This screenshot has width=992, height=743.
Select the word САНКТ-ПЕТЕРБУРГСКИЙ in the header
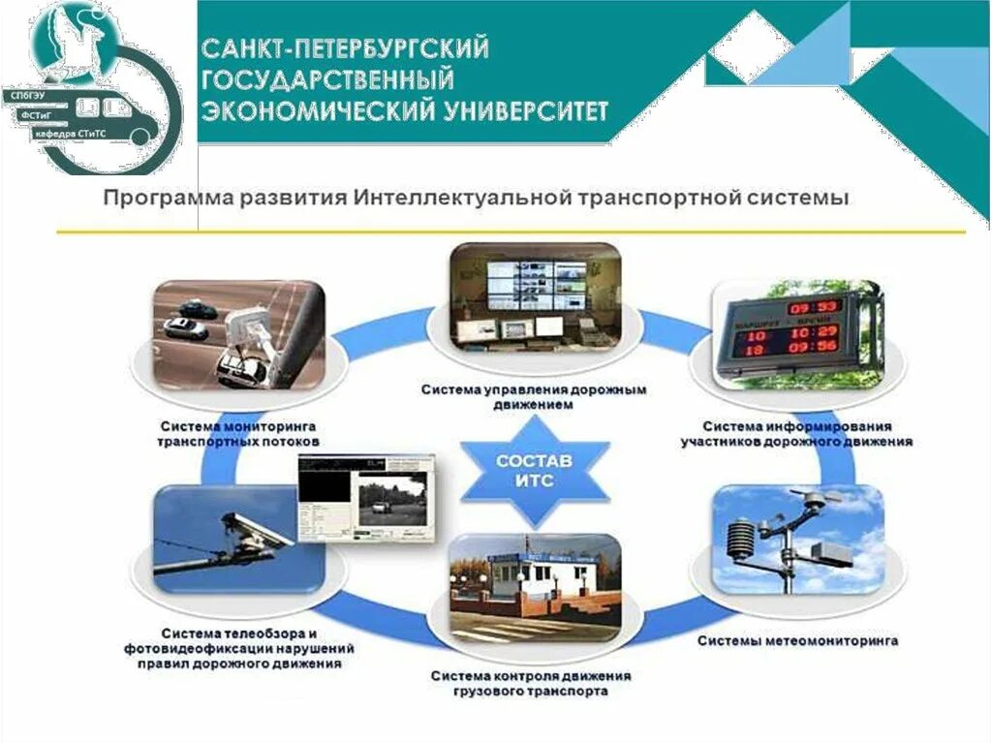tap(345, 46)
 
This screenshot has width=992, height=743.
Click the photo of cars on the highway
tap(237, 334)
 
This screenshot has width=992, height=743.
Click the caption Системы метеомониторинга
tap(797, 640)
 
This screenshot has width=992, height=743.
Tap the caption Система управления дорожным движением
tap(534, 397)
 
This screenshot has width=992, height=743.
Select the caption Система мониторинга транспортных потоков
tap(238, 433)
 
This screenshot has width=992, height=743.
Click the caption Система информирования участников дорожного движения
tap(797, 433)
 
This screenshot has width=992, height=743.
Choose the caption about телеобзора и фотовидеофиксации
tap(238, 648)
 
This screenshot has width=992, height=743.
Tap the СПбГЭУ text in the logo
tap(26, 97)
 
